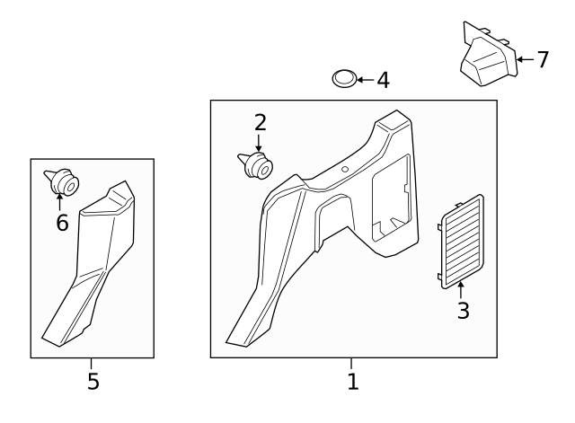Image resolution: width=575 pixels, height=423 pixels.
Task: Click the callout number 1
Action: tap(352, 382)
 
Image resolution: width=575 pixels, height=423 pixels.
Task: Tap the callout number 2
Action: tap(260, 122)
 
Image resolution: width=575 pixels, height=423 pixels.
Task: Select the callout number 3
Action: tap(463, 312)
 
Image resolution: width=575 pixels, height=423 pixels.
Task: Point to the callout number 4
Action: tap(383, 81)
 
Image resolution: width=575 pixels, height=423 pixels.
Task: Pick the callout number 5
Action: tap(93, 382)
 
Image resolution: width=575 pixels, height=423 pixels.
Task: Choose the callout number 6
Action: tap(62, 223)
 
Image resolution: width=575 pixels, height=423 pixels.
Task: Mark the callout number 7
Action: tap(542, 60)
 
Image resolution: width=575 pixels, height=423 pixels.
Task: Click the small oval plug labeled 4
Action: tap(343, 79)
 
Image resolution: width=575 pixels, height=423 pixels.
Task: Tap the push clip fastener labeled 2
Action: tap(255, 166)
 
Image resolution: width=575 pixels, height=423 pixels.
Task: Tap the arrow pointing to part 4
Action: tap(364, 80)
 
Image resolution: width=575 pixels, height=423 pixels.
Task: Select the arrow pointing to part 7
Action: tap(525, 60)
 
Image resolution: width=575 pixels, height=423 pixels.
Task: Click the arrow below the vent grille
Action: tap(462, 289)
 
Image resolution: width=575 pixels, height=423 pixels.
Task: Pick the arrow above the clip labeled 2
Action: tap(259, 142)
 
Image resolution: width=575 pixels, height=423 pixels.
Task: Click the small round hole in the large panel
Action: tap(345, 168)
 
